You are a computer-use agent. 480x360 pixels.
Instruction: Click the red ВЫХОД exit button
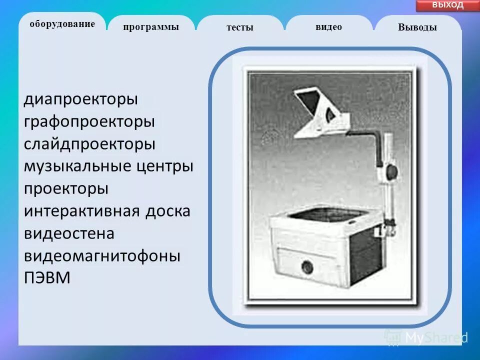tap(447, 5)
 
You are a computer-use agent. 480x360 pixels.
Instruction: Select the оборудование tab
tap(62, 24)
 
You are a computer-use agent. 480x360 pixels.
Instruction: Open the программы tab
tap(151, 27)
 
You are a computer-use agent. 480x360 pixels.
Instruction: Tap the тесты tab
tap(240, 27)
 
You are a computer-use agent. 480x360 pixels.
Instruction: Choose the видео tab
tap(328, 27)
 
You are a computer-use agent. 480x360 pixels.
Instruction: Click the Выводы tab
tap(417, 27)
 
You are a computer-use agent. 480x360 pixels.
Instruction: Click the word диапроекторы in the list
tap(80, 99)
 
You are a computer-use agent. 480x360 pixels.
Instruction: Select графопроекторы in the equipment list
tap(89, 121)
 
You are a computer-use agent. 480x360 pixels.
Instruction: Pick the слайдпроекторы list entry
tap(89, 144)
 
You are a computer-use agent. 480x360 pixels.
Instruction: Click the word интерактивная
tap(81, 211)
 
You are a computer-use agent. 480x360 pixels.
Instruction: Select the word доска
tap(167, 211)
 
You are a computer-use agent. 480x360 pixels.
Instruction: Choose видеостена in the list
tap(69, 233)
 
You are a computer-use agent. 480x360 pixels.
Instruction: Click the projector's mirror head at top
tap(319, 110)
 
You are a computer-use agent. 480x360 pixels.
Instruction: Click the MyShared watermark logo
tap(425, 337)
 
